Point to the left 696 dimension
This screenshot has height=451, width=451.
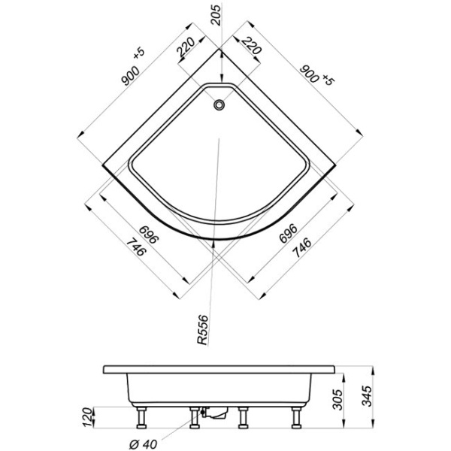tap(147, 233)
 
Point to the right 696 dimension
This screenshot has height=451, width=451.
tap(289, 233)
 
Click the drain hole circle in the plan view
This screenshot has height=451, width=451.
tap(219, 105)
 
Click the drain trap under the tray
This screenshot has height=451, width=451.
tap(216, 413)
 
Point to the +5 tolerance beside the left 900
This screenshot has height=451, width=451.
tap(138, 54)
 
